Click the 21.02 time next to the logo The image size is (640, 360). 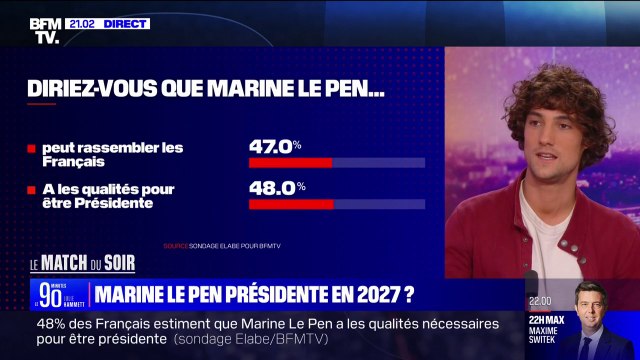79,23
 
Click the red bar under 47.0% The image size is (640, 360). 290,162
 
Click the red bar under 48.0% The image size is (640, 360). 291,204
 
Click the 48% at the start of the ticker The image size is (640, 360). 51,324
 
